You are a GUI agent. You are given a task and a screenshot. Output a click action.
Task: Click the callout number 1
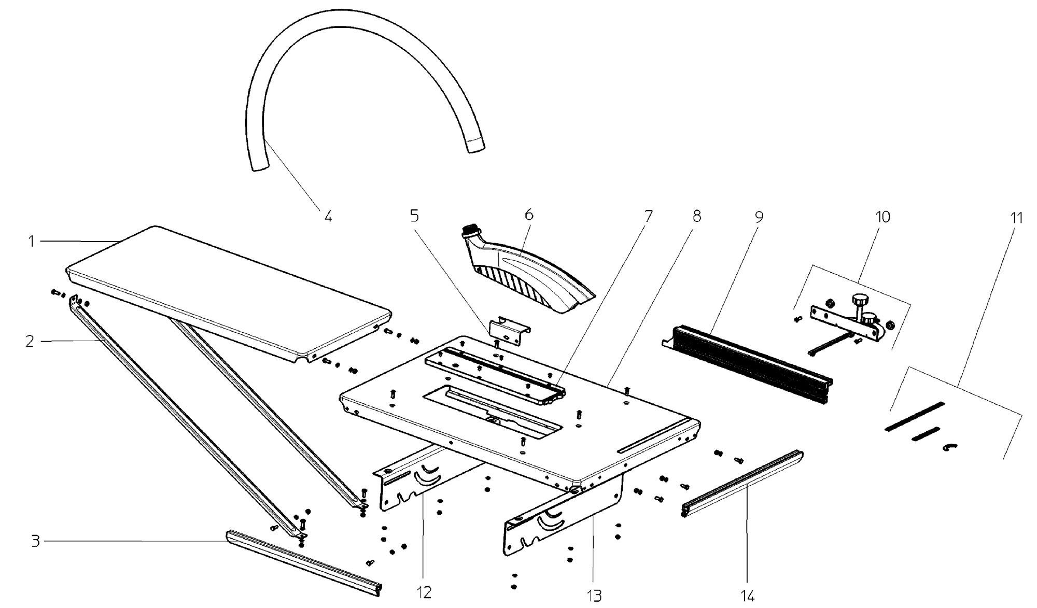(32, 242)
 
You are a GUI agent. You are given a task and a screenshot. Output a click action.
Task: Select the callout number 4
(328, 216)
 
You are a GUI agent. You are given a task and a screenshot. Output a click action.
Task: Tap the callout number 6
(529, 214)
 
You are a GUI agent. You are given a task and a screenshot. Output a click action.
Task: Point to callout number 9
(759, 217)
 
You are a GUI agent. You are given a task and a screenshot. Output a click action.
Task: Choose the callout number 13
(594, 596)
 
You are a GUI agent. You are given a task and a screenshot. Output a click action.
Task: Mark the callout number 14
(747, 597)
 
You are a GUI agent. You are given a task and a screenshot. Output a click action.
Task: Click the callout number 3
(35, 542)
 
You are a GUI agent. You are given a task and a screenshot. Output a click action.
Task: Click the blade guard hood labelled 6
(534, 280)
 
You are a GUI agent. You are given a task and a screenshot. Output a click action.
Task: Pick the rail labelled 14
(741, 481)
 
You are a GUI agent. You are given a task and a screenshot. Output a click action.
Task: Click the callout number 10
(882, 217)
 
